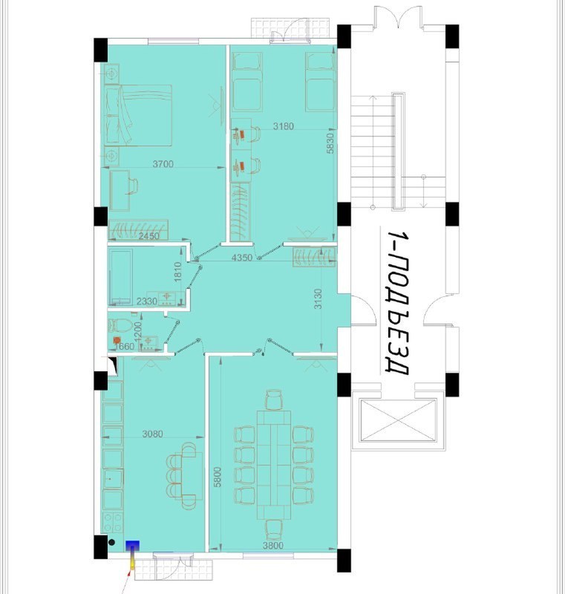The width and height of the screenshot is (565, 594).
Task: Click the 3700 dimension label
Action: pyautogui.click(x=163, y=163)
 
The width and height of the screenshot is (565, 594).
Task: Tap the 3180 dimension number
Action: pyautogui.click(x=284, y=125)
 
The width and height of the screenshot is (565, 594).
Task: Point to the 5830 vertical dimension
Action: pyautogui.click(x=330, y=143)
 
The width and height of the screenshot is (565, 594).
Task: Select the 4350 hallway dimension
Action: pyautogui.click(x=241, y=258)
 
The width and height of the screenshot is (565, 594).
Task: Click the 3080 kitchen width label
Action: pyautogui.click(x=152, y=434)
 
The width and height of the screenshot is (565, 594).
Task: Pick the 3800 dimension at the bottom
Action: pyautogui.click(x=273, y=546)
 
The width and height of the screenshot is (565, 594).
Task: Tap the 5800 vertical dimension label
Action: pyautogui.click(x=217, y=477)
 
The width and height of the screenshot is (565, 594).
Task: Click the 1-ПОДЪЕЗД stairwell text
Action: pyautogui.click(x=399, y=303)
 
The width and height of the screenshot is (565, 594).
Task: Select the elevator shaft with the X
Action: pyautogui.click(x=398, y=420)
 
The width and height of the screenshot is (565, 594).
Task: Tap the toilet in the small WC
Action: pyautogui.click(x=120, y=325)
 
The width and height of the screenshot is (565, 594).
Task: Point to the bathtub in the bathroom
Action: pyautogui.click(x=120, y=277)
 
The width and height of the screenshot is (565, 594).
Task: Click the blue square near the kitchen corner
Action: pyautogui.click(x=133, y=546)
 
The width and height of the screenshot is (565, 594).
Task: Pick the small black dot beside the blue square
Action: pyautogui.click(x=111, y=543)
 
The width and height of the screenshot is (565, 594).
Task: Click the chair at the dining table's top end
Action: pyautogui.click(x=274, y=399)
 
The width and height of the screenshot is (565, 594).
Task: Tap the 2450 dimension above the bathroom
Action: pyautogui.click(x=148, y=236)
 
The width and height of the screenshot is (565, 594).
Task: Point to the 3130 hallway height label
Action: pyautogui.click(x=318, y=299)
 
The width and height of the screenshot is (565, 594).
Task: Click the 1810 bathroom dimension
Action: pyautogui.click(x=178, y=271)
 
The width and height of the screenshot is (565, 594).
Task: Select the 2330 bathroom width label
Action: pyautogui.click(x=146, y=301)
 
